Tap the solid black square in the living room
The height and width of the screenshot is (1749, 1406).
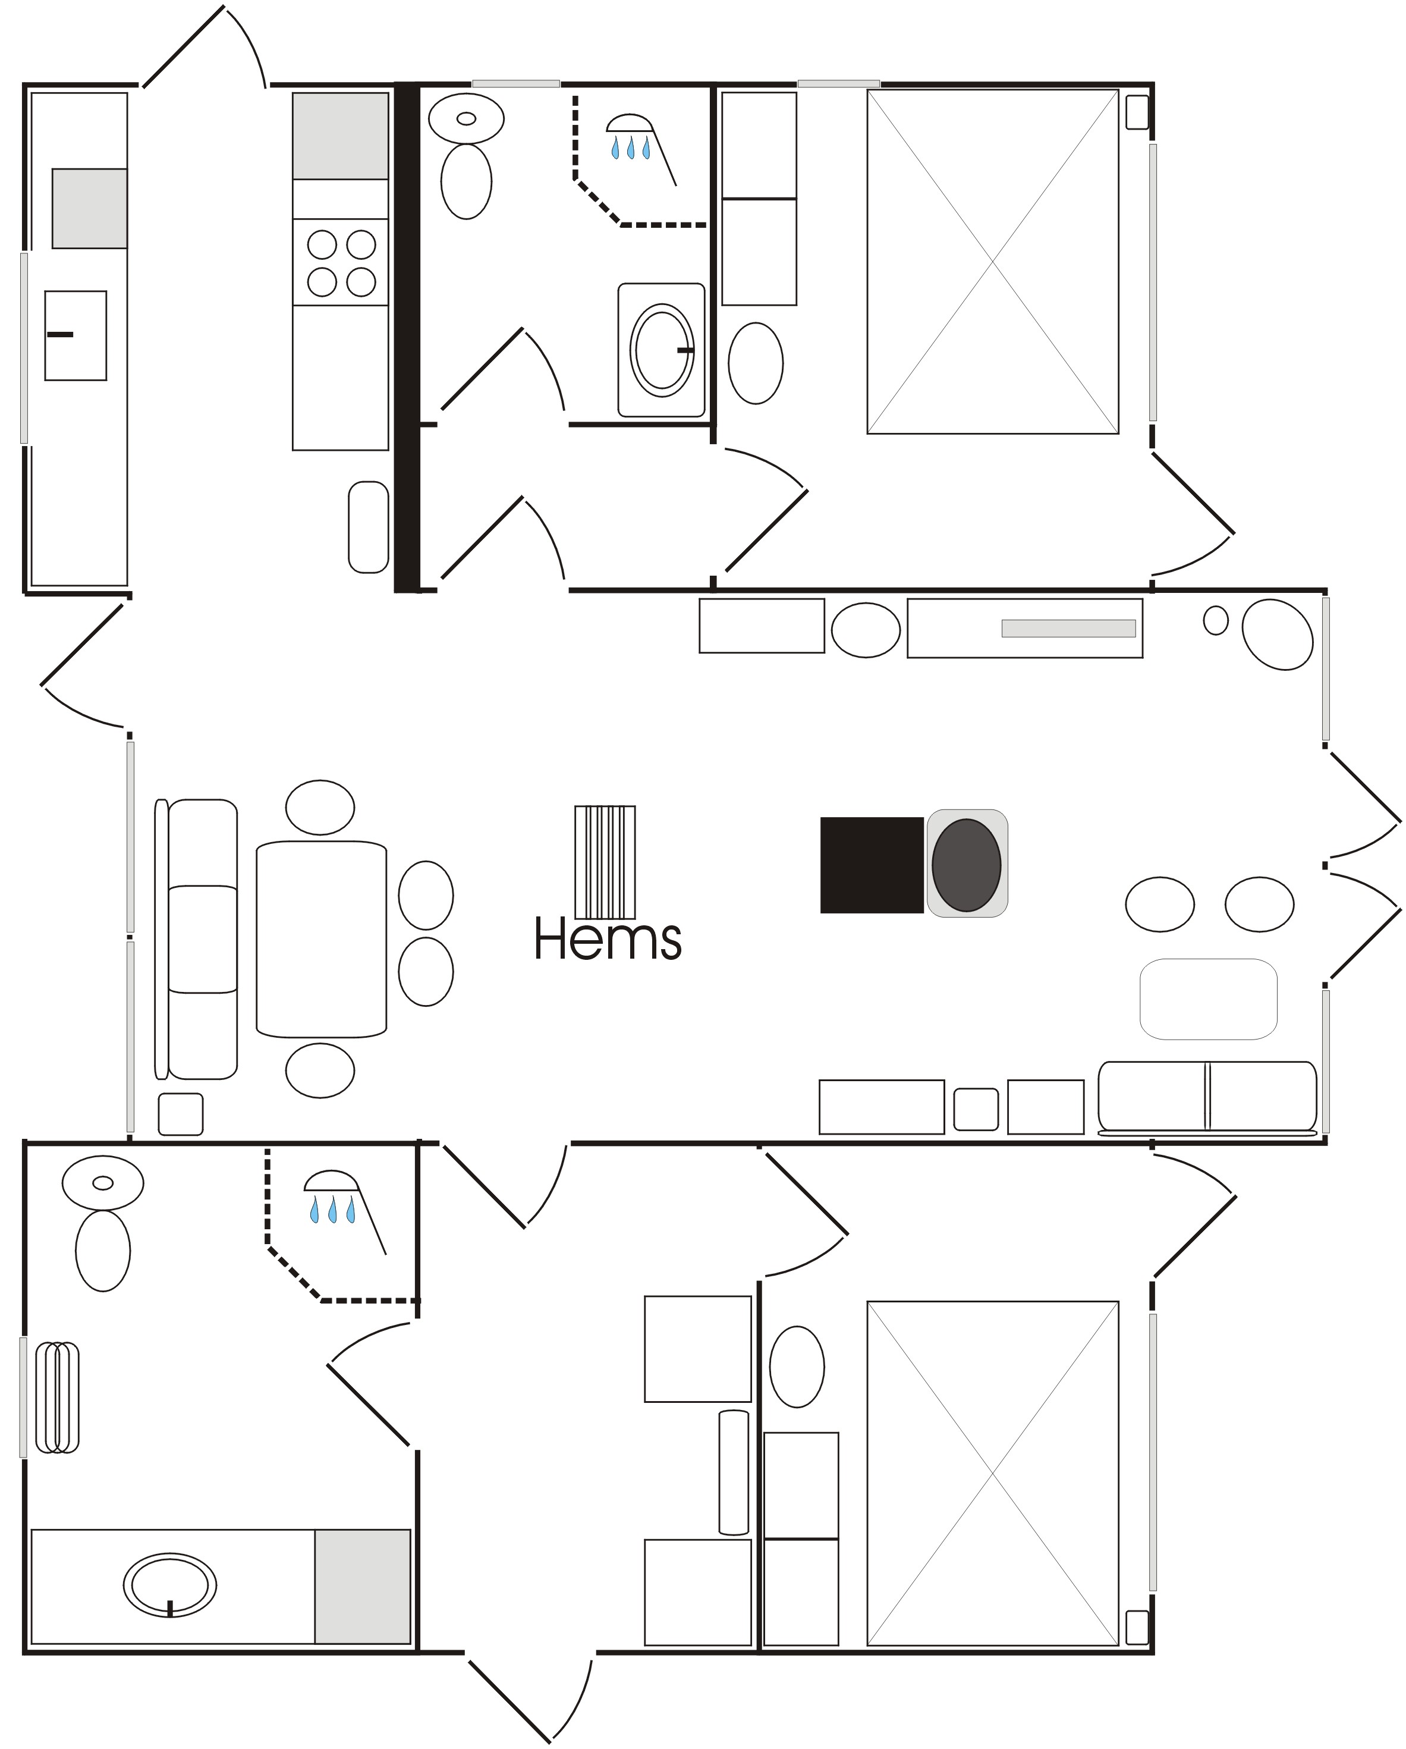(x=872, y=865)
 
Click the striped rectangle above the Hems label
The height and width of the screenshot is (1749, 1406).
(x=605, y=862)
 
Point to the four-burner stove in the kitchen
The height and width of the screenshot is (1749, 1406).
(x=341, y=262)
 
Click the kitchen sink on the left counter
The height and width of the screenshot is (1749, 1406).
(x=76, y=335)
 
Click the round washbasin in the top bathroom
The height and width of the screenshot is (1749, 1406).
(x=662, y=350)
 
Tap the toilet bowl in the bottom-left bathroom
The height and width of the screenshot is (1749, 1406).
(x=103, y=1250)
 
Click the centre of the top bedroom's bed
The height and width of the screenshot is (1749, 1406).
(x=992, y=261)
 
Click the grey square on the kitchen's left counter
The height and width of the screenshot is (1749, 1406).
(x=90, y=209)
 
